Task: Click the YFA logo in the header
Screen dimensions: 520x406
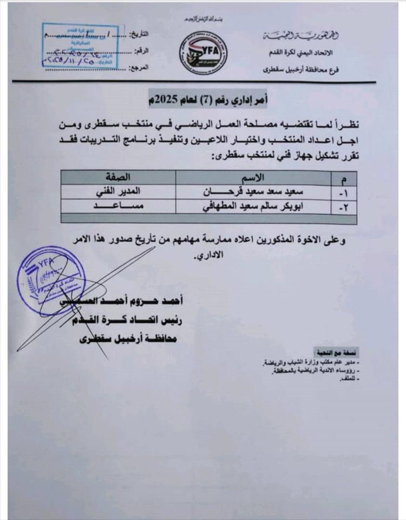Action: coord(203,53)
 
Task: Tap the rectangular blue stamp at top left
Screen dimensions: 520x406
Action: coord(83,47)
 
